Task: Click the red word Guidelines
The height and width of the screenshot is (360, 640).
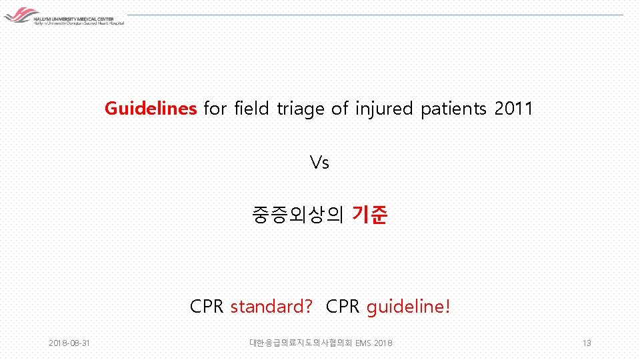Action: pos(150,108)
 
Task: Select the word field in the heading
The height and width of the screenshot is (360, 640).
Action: pos(253,108)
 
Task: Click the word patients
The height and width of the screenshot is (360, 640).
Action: pos(453,108)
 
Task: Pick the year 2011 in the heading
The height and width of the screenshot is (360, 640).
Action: pos(514,108)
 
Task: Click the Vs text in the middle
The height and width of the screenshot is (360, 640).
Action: pos(319,162)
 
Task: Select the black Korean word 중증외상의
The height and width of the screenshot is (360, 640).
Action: pos(297,215)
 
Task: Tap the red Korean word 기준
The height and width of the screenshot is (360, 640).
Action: pos(369,215)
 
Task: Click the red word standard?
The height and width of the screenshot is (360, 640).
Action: pos(271,307)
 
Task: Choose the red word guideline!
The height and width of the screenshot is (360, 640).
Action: pos(408,307)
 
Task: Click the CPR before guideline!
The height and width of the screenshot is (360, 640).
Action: pos(343,307)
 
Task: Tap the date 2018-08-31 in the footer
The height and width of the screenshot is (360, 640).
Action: pos(70,343)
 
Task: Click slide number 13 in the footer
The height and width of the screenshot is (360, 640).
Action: pos(587,343)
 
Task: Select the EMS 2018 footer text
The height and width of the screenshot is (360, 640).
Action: pos(374,343)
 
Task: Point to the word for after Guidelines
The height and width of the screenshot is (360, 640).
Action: pos(215,108)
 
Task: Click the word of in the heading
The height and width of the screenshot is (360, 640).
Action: pos(339,108)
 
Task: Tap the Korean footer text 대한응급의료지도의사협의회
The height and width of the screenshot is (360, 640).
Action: pos(301,343)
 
